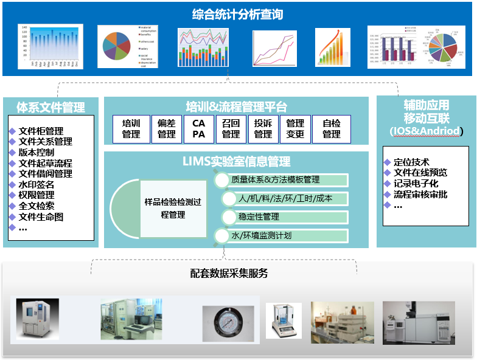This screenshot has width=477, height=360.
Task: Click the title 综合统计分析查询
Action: [x=238, y=14]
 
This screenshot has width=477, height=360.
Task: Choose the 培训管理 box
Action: [x=131, y=129]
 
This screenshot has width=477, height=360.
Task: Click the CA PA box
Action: [x=199, y=129]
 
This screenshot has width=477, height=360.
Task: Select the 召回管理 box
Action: [x=231, y=129]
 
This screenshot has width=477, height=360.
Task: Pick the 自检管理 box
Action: [x=331, y=129]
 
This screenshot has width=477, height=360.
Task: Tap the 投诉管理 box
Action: [x=263, y=129]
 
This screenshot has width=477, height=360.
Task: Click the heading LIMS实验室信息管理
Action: [x=236, y=162]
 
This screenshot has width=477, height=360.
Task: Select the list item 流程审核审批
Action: [x=420, y=195]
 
